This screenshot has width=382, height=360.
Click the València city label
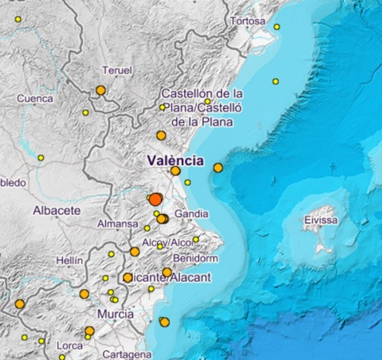pos(175,161)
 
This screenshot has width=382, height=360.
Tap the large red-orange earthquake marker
pos(156,199)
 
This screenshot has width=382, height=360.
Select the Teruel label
pos(117,70)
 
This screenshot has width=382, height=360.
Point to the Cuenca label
pos(35,99)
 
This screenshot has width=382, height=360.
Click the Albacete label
pos(56,210)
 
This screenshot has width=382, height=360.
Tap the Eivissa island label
pos(320,220)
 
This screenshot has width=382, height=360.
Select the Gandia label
pos(191,214)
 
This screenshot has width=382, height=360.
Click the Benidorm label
pos(195,259)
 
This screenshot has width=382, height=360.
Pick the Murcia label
pos(115,314)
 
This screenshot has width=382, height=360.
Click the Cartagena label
pos(127,354)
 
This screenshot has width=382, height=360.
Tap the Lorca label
pos(70,346)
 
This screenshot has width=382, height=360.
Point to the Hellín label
pos(69,260)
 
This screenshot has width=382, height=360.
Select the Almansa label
pos(117,224)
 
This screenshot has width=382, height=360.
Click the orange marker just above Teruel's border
pos(100,90)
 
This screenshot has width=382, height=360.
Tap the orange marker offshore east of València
pos(218,167)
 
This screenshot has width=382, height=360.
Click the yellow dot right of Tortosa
pos(277,27)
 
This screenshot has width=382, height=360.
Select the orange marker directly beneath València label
pos(175,171)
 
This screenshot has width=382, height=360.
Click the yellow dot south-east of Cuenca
pos(85,112)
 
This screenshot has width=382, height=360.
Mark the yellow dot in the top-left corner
pos(18,19)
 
